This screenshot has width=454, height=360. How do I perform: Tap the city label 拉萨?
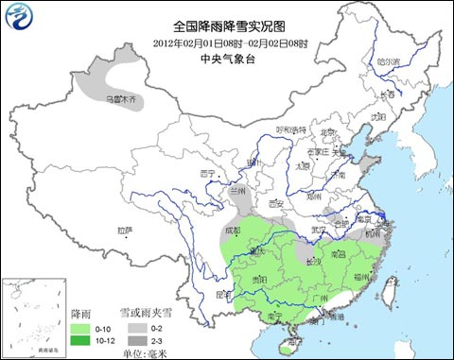click(x=124, y=230)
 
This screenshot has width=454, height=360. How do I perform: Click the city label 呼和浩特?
click(x=290, y=129)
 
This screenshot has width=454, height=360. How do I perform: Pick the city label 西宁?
click(x=209, y=173)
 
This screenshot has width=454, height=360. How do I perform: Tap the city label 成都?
click(x=233, y=230)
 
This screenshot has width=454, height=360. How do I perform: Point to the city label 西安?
click(x=276, y=202)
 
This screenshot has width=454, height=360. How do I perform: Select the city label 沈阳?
click(x=377, y=117)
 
